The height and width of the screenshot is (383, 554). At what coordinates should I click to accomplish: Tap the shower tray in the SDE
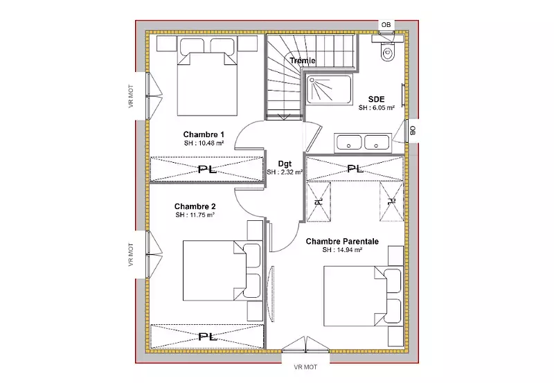(x=329, y=89)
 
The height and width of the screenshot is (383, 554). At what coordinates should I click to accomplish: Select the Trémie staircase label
(x=303, y=60)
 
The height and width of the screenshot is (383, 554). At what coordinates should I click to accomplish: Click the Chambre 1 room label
(x=204, y=134)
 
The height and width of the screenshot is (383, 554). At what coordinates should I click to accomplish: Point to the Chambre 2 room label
(x=195, y=206)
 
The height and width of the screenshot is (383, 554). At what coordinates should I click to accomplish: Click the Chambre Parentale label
(x=342, y=241)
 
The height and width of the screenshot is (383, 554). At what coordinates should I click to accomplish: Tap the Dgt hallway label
(x=285, y=163)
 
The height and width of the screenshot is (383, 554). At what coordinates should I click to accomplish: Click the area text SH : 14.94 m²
(x=342, y=250)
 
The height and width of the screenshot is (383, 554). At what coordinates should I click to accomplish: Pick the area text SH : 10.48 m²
(x=204, y=143)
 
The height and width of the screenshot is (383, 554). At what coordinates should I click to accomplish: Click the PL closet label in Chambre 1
(x=207, y=170)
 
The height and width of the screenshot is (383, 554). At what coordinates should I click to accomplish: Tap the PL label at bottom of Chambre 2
(x=207, y=337)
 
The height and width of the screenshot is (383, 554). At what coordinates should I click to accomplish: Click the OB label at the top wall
(x=386, y=25)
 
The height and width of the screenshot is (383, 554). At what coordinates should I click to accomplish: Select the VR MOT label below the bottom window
(x=305, y=367)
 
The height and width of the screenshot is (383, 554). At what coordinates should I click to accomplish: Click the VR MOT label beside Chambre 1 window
(x=131, y=96)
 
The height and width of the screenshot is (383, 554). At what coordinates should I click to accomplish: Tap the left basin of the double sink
(x=349, y=143)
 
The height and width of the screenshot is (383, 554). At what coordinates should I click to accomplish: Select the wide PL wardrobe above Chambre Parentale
(x=355, y=168)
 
